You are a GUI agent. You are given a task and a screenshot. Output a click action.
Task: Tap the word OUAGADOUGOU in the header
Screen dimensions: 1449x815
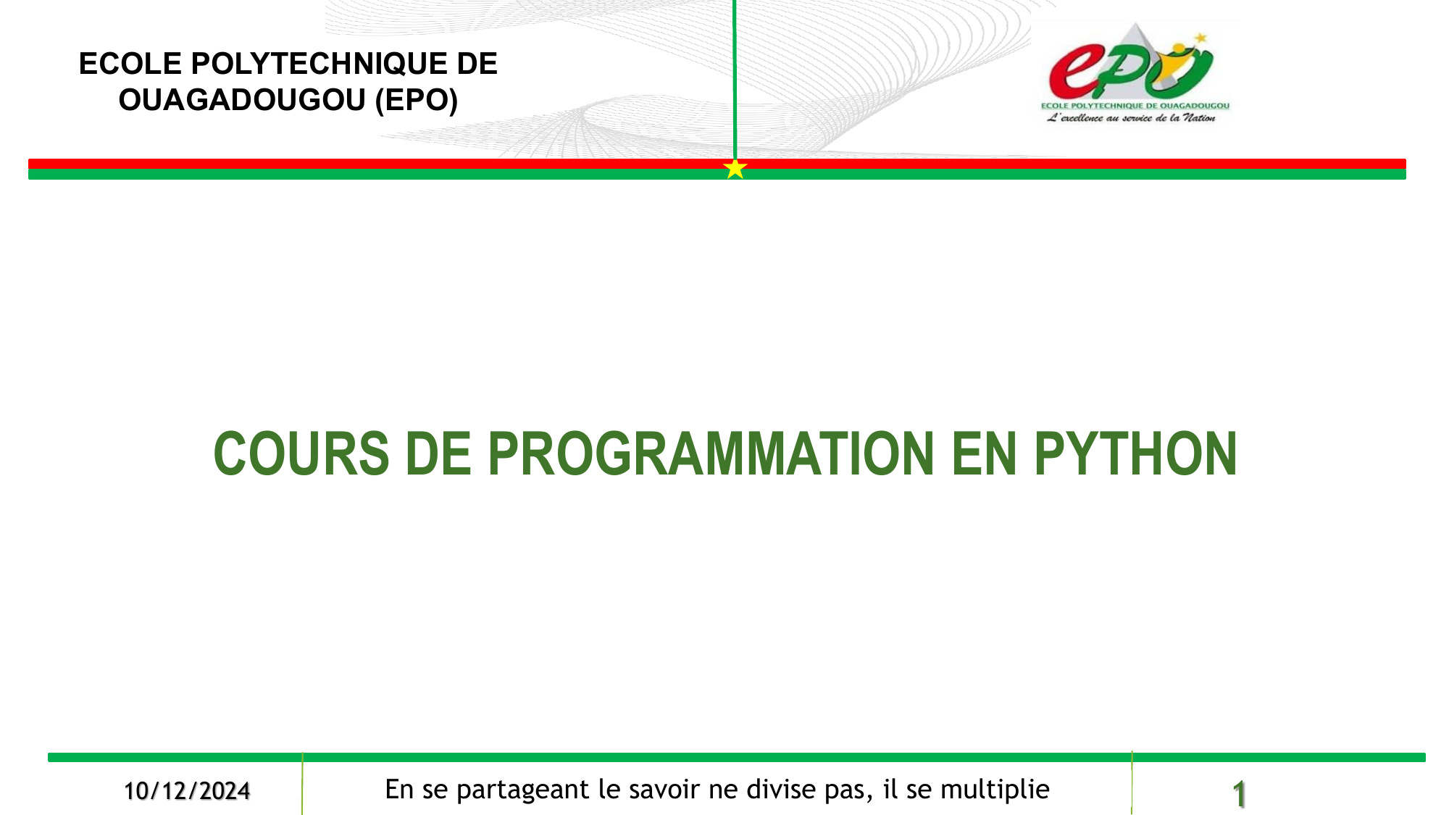(242, 100)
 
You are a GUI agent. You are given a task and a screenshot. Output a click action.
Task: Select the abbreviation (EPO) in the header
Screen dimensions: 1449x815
(417, 100)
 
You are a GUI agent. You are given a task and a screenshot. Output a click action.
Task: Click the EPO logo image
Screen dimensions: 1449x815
(1135, 72)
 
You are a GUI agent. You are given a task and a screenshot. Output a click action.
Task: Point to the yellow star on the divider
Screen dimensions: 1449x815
(735, 169)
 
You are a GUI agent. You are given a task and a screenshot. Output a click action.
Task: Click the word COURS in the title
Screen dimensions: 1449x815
(301, 454)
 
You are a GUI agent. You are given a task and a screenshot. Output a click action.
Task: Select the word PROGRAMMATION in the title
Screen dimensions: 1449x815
(711, 454)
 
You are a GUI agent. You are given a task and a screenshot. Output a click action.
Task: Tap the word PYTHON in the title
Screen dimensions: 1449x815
(1135, 454)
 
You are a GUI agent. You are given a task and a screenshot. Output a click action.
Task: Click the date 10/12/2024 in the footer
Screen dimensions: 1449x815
(187, 791)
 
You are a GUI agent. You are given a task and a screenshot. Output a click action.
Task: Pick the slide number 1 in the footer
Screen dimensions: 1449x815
(1239, 794)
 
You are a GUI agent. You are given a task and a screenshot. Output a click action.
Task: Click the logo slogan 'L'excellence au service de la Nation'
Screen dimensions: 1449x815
(1131, 117)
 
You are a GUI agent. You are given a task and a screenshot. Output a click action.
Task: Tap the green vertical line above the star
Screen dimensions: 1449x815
(735, 80)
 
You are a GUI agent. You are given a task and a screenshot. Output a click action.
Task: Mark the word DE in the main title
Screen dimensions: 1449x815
(439, 454)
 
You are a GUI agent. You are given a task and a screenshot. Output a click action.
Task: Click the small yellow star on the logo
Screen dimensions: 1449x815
(1200, 38)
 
